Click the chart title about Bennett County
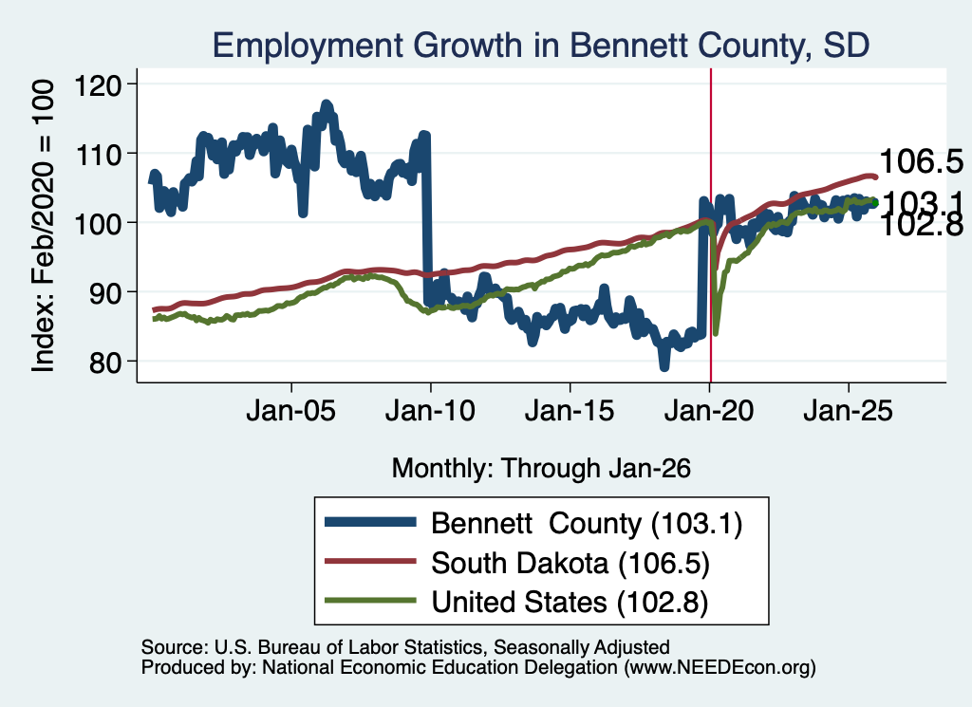click(540, 46)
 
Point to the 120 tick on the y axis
click(98, 84)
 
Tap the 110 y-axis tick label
click(98, 155)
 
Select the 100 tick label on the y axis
click(98, 223)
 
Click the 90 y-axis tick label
click(104, 292)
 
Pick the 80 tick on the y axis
click(104, 362)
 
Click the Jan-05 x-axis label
click(290, 411)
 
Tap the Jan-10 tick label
click(430, 411)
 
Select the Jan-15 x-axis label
click(570, 411)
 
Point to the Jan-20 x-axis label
click(709, 411)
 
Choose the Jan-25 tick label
click(848, 411)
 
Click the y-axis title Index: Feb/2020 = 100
click(43, 226)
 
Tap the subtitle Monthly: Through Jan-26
click(541, 468)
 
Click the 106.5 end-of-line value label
click(921, 161)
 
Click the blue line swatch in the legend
click(370, 522)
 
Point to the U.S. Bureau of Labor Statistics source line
click(405, 647)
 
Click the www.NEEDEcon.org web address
click(720, 667)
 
